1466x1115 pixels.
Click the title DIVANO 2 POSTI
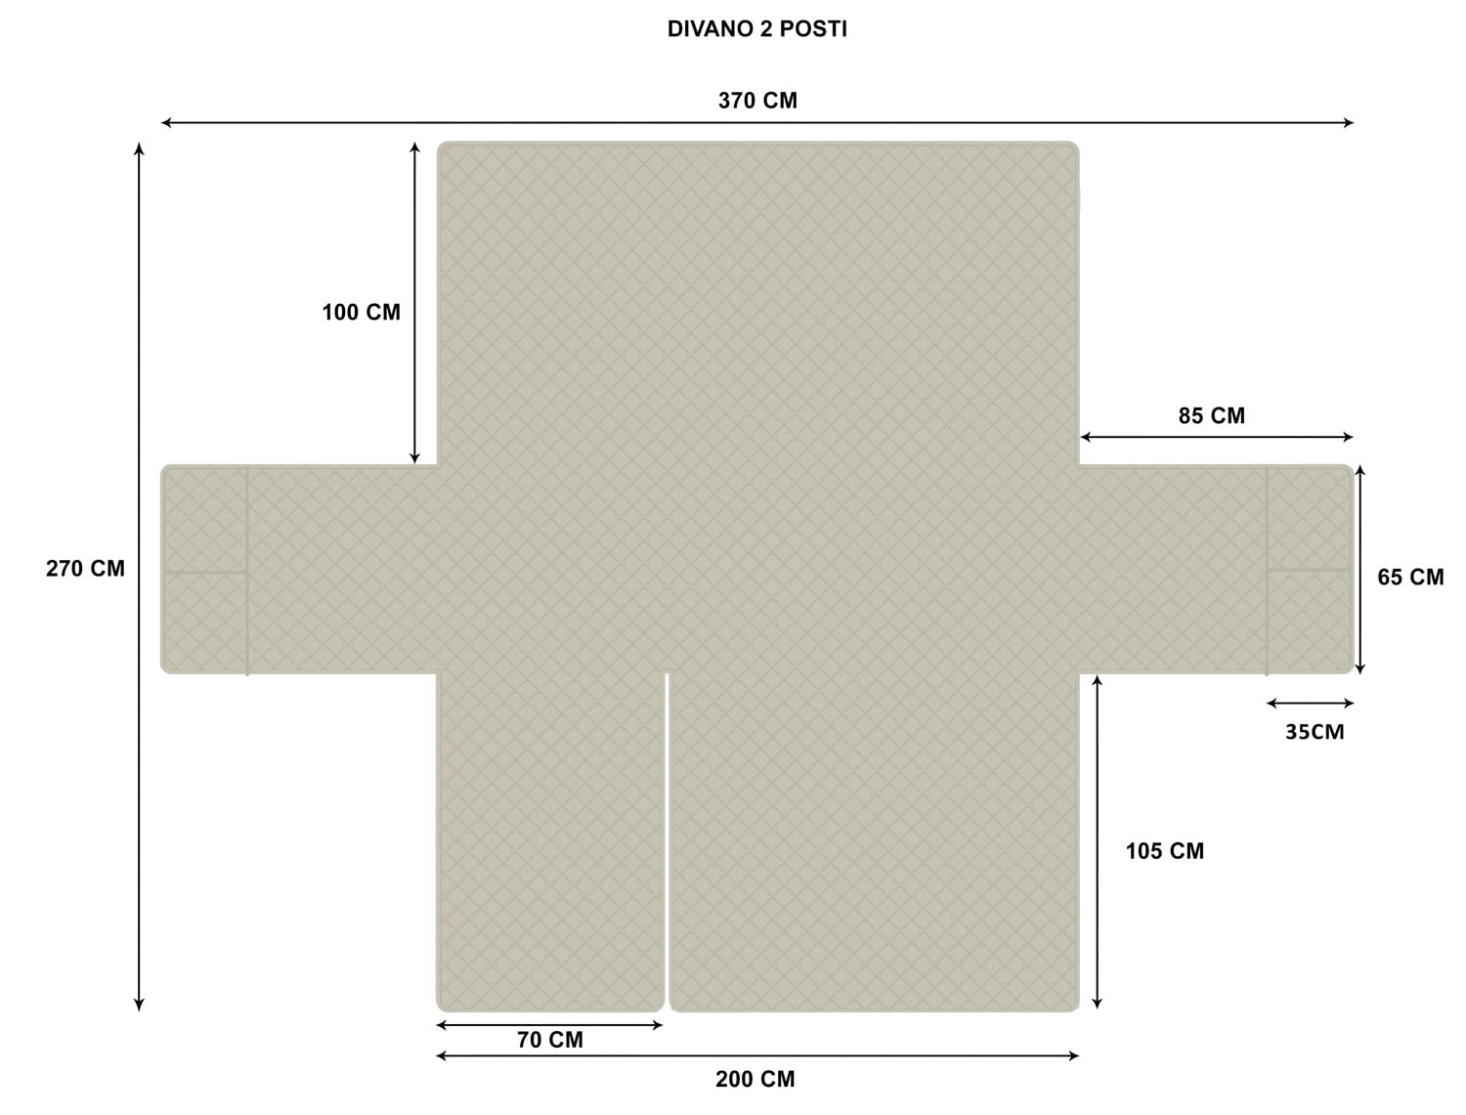(x=756, y=28)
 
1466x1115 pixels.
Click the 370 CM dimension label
(x=757, y=100)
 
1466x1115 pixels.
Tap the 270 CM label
(x=85, y=568)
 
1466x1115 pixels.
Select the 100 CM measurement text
(x=361, y=312)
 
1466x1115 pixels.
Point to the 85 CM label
(x=1212, y=415)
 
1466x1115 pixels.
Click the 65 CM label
(x=1410, y=577)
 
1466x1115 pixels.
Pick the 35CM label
(x=1315, y=732)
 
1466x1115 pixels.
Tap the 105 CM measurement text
(x=1165, y=850)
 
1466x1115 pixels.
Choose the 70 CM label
(x=549, y=1040)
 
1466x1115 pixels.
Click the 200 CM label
(x=755, y=1079)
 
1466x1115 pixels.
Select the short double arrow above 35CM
(x=1310, y=703)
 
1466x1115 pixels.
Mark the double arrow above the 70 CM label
(x=549, y=1025)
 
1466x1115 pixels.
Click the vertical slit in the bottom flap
(x=667, y=840)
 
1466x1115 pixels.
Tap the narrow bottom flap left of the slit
(x=550, y=841)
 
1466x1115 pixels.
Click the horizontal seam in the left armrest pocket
(x=205, y=573)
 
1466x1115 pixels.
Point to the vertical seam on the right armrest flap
(x=1267, y=571)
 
